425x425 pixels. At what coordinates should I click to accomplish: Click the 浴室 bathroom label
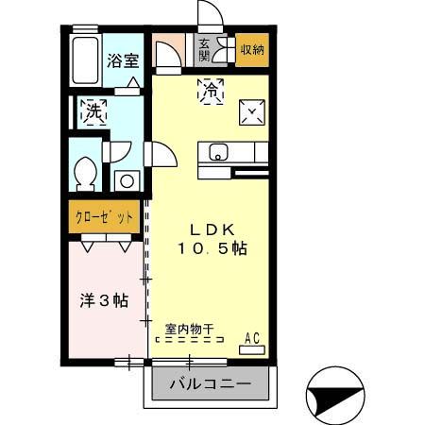coord(122,61)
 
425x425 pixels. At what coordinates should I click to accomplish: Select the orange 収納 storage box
coord(252,49)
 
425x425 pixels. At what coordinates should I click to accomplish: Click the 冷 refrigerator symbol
coord(210,91)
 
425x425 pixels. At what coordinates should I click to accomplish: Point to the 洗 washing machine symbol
coord(93,112)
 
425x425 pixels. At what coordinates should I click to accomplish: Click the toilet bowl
coord(85,174)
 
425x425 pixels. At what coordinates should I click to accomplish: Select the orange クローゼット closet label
coord(104,216)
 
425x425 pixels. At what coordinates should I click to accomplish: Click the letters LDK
coord(212,229)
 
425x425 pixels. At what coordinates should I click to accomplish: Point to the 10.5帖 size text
coord(212,249)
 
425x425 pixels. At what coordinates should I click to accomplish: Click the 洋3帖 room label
coord(103,301)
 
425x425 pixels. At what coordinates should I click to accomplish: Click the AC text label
coord(252,337)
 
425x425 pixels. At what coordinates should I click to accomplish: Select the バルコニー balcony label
coord(210,385)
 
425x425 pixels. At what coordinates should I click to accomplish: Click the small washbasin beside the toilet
coord(125,179)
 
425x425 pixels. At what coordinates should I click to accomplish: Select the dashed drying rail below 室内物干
coord(189,340)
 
